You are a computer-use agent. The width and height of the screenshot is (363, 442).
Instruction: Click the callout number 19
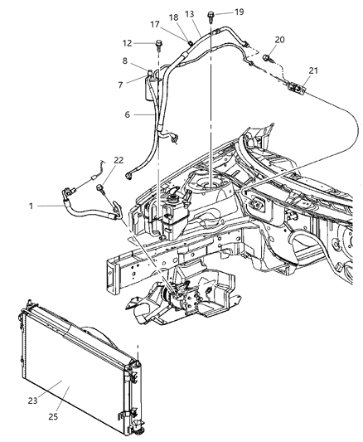[x=239, y=12]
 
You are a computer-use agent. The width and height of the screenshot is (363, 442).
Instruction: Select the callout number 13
[x=190, y=14]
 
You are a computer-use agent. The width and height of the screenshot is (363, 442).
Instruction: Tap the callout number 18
[x=173, y=17]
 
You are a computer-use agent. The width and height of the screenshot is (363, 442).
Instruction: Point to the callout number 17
[x=155, y=25]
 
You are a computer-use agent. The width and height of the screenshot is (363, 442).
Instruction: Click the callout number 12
[x=127, y=43]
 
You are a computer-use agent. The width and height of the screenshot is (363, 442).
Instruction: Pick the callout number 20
[x=279, y=40]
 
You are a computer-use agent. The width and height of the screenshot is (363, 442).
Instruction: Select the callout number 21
[x=313, y=70]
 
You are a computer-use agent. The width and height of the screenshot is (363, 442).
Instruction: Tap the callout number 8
[x=125, y=61]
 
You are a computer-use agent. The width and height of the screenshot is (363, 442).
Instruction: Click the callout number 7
[x=120, y=85]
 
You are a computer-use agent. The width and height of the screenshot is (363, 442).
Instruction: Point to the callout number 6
[x=128, y=114]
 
